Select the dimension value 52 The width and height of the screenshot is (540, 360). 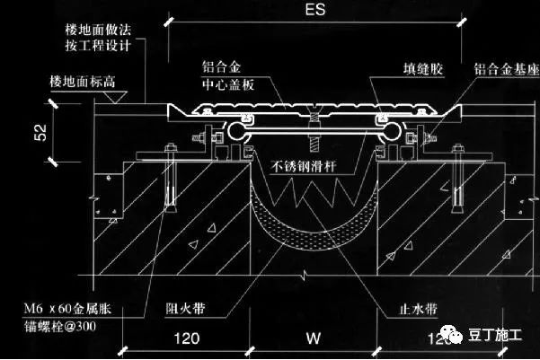(40, 132)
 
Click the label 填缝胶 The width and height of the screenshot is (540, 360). (420, 67)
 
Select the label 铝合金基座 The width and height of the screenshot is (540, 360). (505, 67)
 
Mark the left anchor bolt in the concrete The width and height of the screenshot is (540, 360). (170, 188)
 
